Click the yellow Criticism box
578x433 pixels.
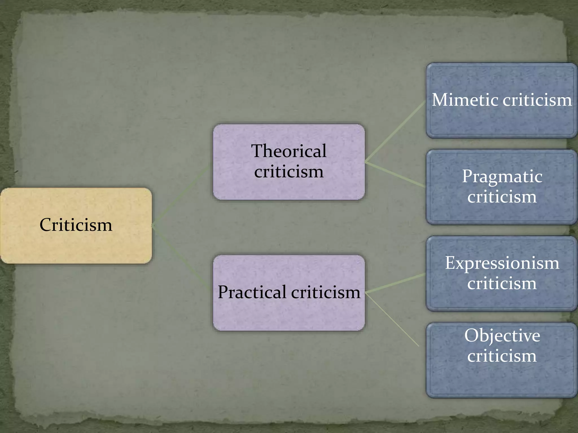76,226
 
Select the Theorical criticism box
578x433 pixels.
289,162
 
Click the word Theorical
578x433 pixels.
289,151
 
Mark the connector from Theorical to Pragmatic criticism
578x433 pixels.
395,174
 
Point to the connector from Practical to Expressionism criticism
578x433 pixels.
395,283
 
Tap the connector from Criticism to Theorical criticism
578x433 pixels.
181,196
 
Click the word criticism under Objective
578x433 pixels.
502,356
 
